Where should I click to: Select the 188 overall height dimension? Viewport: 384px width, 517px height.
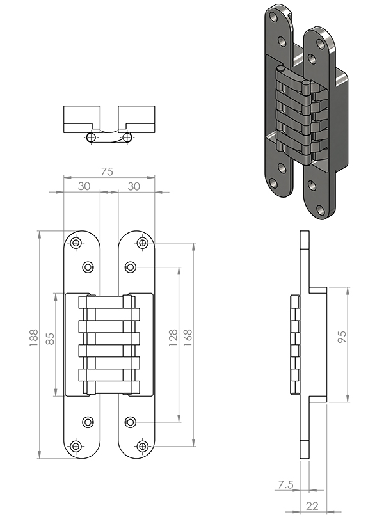click(x=34, y=337)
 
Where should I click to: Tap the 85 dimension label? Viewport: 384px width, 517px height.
click(x=50, y=338)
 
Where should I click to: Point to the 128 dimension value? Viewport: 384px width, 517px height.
click(x=173, y=337)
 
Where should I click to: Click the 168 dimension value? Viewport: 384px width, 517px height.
click(x=188, y=337)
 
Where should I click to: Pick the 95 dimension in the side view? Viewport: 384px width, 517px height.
click(x=342, y=337)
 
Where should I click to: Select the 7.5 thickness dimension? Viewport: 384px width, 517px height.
click(x=285, y=484)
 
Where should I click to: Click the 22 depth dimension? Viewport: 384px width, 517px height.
click(x=312, y=505)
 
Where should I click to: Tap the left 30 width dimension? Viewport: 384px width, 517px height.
click(x=84, y=186)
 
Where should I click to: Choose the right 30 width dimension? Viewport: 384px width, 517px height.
click(x=134, y=186)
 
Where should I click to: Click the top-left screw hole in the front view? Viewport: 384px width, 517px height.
click(x=76, y=243)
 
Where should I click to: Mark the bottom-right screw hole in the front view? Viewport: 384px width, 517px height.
click(x=142, y=447)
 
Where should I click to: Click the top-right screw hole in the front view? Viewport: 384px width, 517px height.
click(x=142, y=243)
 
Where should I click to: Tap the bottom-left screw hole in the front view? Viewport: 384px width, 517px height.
click(x=76, y=447)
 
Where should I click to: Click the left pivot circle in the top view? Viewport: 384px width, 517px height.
click(x=92, y=137)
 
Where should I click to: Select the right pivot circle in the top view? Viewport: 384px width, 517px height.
click(x=127, y=137)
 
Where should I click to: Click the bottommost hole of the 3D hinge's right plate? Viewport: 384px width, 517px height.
click(x=319, y=209)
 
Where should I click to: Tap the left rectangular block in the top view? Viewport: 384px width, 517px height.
click(x=82, y=119)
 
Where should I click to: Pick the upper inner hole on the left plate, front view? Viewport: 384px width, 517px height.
click(x=88, y=267)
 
